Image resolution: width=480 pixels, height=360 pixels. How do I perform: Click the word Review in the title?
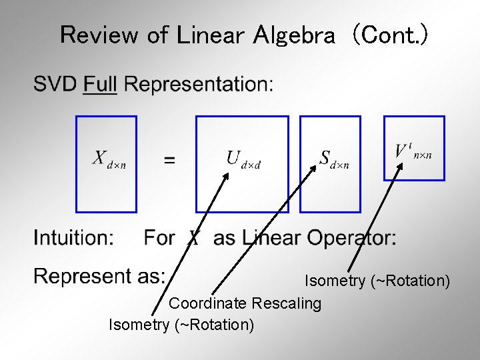pos(100,35)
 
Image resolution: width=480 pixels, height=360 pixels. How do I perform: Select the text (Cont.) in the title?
pos(390,35)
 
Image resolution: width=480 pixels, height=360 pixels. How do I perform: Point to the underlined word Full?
pos(100,85)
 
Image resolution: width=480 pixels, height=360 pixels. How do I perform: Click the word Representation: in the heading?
pos(199,85)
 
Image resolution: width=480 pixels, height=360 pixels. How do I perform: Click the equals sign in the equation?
pos(170,160)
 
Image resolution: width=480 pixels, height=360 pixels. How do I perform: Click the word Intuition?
pos(73,238)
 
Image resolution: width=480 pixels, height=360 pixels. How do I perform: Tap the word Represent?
pos(74,276)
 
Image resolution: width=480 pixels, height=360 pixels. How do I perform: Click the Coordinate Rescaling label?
pos(245,304)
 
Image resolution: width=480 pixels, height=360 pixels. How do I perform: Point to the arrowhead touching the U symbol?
pos(226,175)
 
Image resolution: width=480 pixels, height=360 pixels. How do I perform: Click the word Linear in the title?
pos(211,35)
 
